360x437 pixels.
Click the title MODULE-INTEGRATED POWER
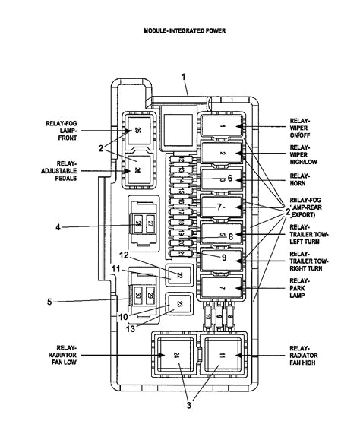coord(184,31)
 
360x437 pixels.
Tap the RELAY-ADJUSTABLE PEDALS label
coord(60,171)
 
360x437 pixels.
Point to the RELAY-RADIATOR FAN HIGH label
coord(305,353)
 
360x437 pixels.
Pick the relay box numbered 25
coord(137,131)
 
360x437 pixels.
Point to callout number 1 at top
coord(183,76)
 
